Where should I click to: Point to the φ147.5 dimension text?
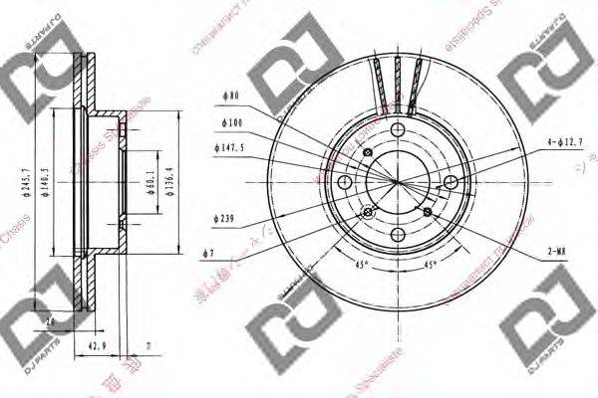coord(230,147)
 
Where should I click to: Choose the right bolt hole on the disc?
coord(450,181)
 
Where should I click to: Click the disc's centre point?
coord(397,182)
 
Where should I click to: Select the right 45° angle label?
coord(429,266)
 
